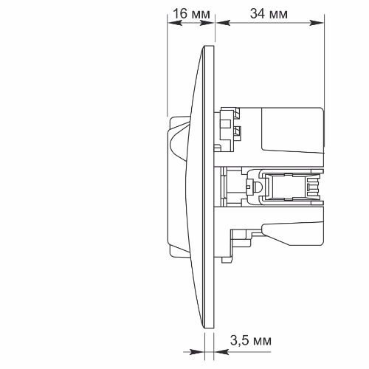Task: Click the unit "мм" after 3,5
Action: point(262,340)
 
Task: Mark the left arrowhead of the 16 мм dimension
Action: point(172,23)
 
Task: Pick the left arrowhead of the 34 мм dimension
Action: point(219,23)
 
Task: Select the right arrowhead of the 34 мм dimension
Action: point(320,23)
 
